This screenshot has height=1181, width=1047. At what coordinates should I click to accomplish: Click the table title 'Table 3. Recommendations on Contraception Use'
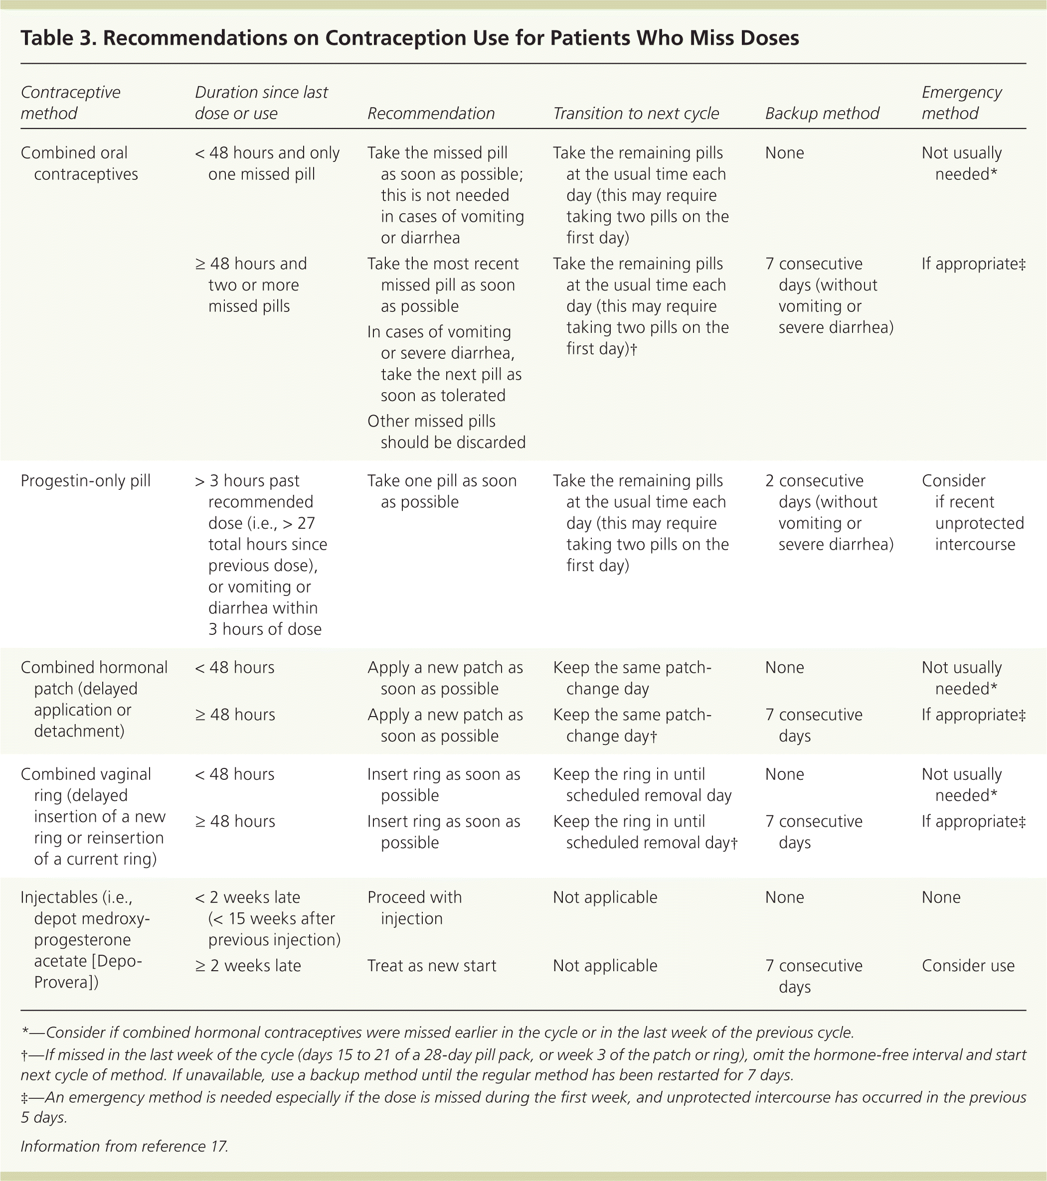[x=409, y=38]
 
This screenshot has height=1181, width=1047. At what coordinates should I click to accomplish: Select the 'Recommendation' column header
[x=431, y=113]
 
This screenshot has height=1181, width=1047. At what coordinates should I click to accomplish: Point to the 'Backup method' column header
[x=822, y=113]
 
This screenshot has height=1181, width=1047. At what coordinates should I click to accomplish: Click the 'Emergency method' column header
[x=961, y=103]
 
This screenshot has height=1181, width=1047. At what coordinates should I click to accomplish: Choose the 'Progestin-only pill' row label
[x=86, y=481]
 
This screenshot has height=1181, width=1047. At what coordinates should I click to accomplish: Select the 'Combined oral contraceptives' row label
[x=79, y=163]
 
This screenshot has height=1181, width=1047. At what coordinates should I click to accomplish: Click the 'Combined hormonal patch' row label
[x=94, y=699]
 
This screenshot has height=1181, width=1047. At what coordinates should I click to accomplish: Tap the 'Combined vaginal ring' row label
[x=93, y=816]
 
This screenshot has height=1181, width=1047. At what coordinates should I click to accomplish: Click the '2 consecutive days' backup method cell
[x=829, y=512]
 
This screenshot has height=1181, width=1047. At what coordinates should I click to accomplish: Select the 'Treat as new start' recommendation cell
[x=431, y=966]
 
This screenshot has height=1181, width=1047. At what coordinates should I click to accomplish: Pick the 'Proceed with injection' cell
[x=414, y=908]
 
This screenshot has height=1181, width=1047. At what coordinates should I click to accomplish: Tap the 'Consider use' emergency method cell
[x=968, y=966]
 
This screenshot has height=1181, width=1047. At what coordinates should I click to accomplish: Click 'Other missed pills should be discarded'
[x=446, y=432]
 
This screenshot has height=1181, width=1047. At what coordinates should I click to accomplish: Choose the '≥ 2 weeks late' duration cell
[x=247, y=966]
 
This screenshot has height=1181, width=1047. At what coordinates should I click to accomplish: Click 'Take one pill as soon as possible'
[x=442, y=491]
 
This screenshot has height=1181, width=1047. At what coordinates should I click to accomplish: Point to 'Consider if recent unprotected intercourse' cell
[x=972, y=512]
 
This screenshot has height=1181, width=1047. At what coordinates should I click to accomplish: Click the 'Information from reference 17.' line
[x=124, y=1146]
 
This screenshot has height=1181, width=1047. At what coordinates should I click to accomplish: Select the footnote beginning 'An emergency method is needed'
[x=523, y=1106]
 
